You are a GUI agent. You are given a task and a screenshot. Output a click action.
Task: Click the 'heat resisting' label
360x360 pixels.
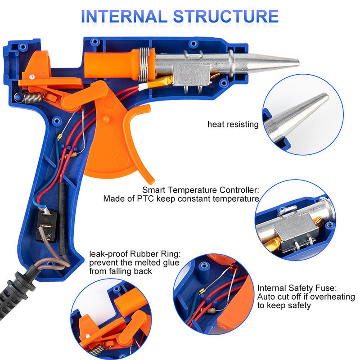[x=233, y=124]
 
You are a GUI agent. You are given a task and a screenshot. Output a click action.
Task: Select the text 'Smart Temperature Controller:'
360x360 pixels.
[x=201, y=190]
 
